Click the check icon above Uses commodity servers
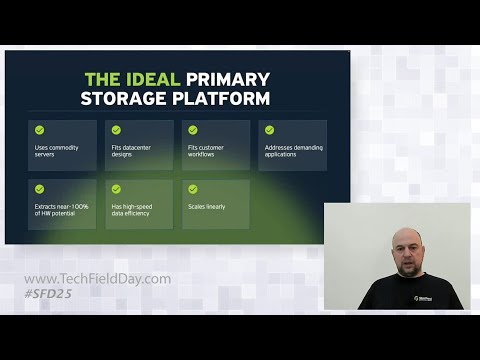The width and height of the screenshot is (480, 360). [39, 130]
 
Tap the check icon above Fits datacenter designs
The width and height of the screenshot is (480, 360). [116, 130]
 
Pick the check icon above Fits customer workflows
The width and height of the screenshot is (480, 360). [193, 130]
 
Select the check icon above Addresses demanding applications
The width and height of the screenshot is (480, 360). [269, 130]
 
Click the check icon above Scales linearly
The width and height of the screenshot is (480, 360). [193, 188]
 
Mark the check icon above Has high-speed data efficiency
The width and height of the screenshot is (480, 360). [116, 188]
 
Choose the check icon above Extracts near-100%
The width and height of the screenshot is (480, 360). [39, 188]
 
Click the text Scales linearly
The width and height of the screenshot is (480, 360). [207, 207]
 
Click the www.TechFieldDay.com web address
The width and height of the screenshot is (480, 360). [97, 279]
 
